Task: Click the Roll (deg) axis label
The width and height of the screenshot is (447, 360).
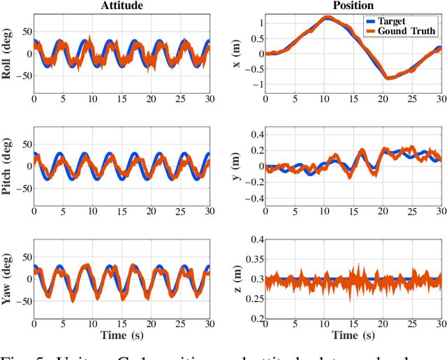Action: (8, 53)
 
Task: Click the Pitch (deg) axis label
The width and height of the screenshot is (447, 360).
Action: (8, 166)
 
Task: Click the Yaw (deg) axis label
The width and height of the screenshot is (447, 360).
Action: (8, 278)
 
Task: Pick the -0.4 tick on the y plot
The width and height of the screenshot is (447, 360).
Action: (255, 199)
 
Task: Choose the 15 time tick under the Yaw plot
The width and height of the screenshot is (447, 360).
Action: (122, 324)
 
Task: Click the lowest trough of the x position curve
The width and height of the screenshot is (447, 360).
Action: (388, 78)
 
